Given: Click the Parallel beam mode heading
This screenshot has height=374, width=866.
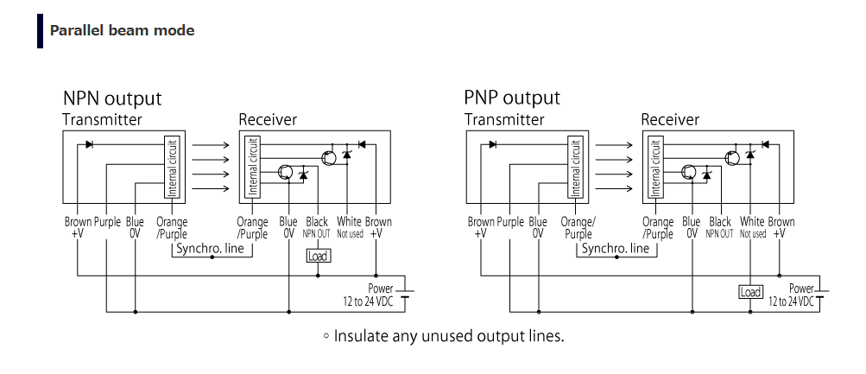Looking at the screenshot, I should point(122,30).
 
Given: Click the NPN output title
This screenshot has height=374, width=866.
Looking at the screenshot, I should point(111,98).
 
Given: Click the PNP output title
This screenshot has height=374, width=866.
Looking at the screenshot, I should point(512,98).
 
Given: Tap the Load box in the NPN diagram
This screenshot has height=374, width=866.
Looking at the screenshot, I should point(318,256).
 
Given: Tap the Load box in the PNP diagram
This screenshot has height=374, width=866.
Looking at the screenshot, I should point(750,292).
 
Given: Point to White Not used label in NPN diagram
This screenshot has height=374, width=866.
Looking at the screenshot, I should point(350,227).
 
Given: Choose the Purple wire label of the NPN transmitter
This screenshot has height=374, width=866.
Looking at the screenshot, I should point(107,222).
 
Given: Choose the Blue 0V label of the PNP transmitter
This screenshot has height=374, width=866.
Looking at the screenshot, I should point(538,227).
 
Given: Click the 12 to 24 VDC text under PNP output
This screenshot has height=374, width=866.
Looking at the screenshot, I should point(791,301).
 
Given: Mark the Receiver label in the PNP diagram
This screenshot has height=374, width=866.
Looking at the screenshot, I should point(670,119).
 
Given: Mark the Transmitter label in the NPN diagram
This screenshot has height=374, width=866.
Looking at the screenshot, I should point(102,119).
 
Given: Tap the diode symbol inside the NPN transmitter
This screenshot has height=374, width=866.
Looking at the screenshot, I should point(90,144).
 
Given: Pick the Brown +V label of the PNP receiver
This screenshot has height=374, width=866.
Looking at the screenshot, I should point(781,227).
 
